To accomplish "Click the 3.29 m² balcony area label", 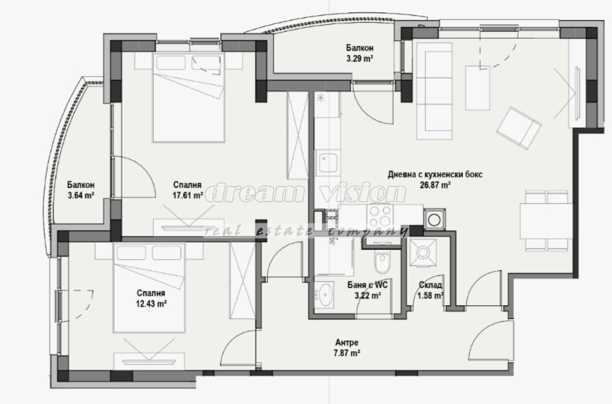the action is coord(359,59).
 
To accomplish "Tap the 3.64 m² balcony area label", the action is coord(80,195).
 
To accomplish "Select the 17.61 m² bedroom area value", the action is coord(188,195).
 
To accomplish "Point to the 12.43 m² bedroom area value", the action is coord(151,304).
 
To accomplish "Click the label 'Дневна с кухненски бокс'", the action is coord(435,174).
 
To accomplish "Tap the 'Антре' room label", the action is coord(347,343).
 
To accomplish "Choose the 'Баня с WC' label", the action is coord(367,285).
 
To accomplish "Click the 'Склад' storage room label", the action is coord(431,285).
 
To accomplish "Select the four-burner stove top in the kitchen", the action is coord(380,216).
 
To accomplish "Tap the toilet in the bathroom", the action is coord(382,259).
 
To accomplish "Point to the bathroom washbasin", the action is coord(324,294).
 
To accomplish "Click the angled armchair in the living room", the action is coord(519,128).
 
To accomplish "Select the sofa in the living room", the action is coord(434,91).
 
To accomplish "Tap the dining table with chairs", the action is coord(545,220).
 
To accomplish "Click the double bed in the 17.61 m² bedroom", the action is coord(189,97).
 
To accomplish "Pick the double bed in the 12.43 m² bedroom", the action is coord(148,288).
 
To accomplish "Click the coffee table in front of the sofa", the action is coord(478,88).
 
